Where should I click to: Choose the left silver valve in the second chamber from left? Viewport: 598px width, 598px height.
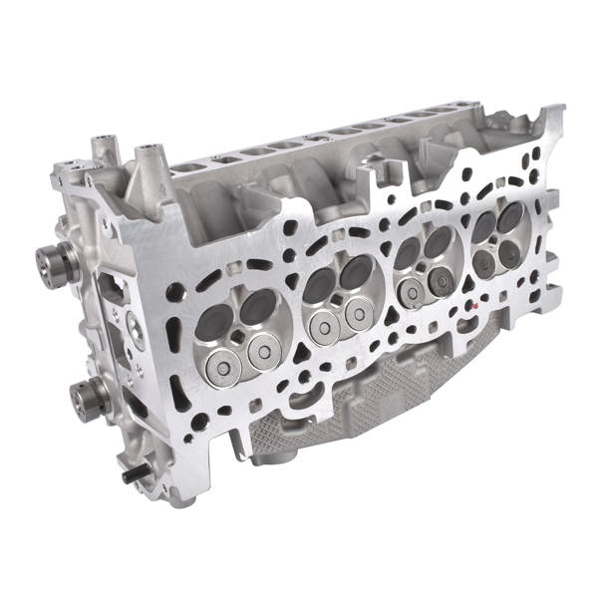[x=323, y=324]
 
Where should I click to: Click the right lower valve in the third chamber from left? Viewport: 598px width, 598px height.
[x=439, y=282]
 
